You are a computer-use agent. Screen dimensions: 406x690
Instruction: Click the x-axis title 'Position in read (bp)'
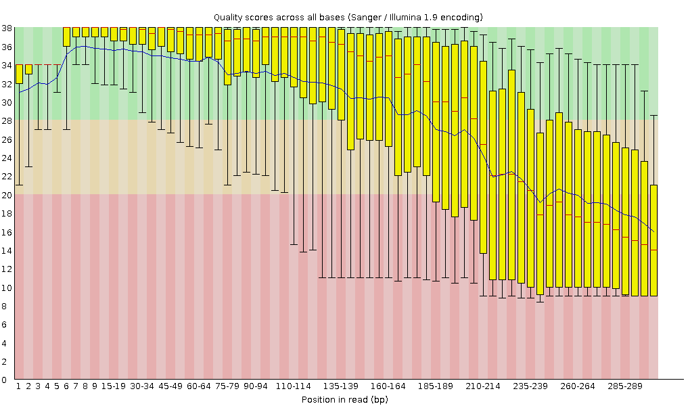pos(344,399)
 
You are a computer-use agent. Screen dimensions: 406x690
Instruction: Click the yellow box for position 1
pos(20,74)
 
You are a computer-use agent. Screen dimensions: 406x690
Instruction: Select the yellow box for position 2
pos(29,69)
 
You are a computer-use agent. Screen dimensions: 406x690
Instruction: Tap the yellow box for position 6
pos(66,37)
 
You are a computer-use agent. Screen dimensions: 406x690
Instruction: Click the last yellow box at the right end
pos(654,240)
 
